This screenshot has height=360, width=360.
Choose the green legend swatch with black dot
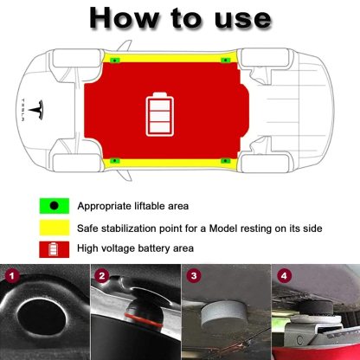(x=54, y=206)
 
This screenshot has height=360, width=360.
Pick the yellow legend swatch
(x=54, y=228)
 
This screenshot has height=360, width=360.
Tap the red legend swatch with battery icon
(x=54, y=248)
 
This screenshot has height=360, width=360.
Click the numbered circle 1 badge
(x=12, y=277)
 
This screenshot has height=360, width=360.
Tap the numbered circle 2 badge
(x=101, y=277)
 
